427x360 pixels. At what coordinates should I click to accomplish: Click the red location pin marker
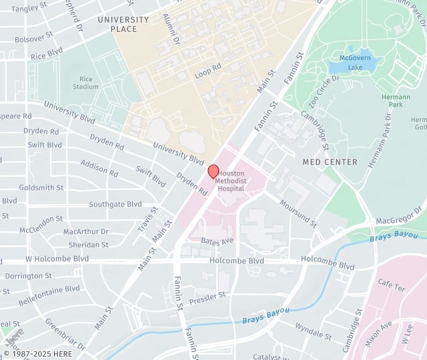pyautogui.click(x=213, y=171)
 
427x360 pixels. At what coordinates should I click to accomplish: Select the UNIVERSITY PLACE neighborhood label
pyautogui.click(x=127, y=24)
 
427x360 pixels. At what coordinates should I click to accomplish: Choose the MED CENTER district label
pyautogui.click(x=330, y=162)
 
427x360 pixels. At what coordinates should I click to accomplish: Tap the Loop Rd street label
pyautogui.click(x=207, y=68)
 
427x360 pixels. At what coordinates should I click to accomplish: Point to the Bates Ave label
pyautogui.click(x=218, y=240)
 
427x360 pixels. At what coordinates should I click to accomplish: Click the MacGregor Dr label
pyautogui.click(x=399, y=215)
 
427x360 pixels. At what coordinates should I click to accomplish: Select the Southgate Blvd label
pyautogui.click(x=115, y=204)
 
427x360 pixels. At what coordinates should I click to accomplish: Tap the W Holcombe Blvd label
pyautogui.click(x=57, y=258)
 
